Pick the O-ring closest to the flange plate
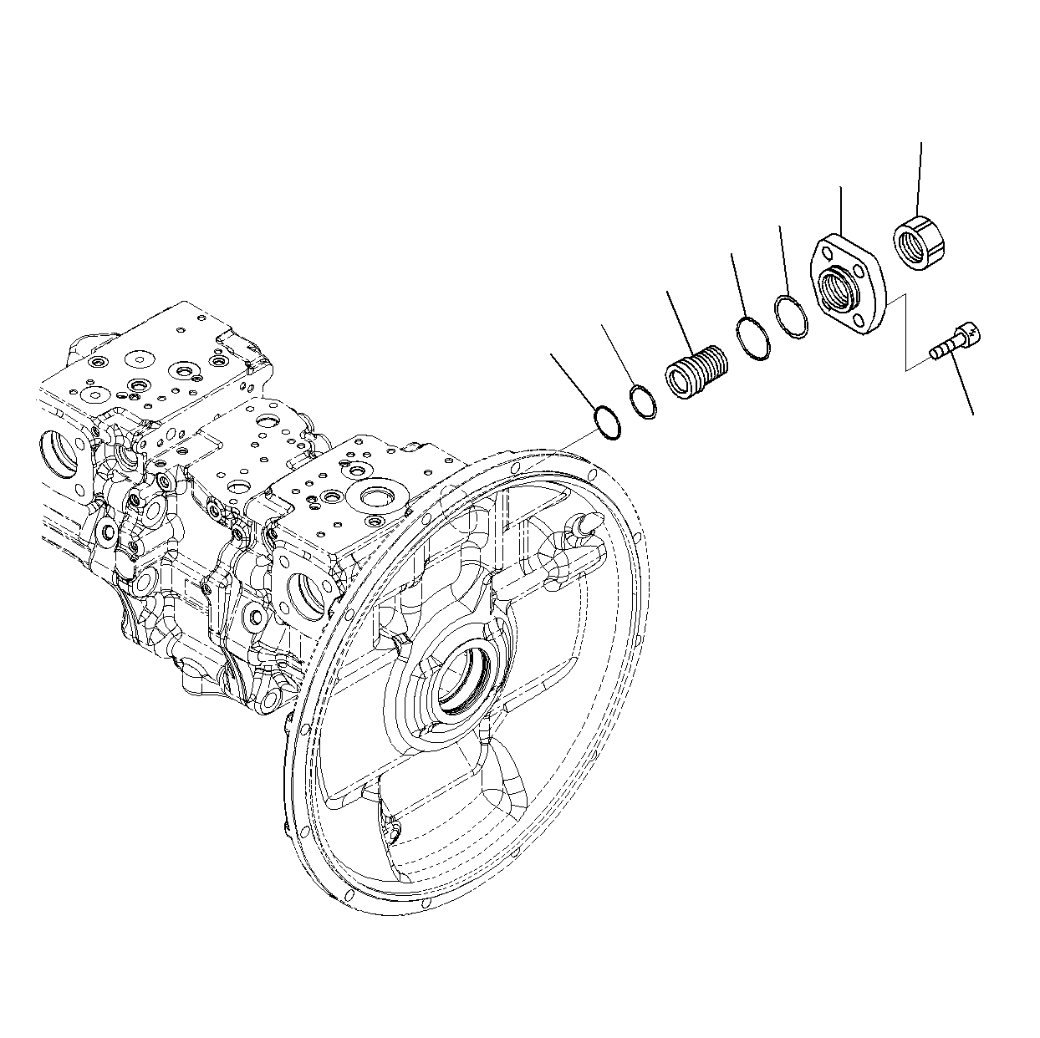coord(790,318)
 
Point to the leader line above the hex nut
coord(920,176)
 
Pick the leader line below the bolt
coord(961,389)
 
